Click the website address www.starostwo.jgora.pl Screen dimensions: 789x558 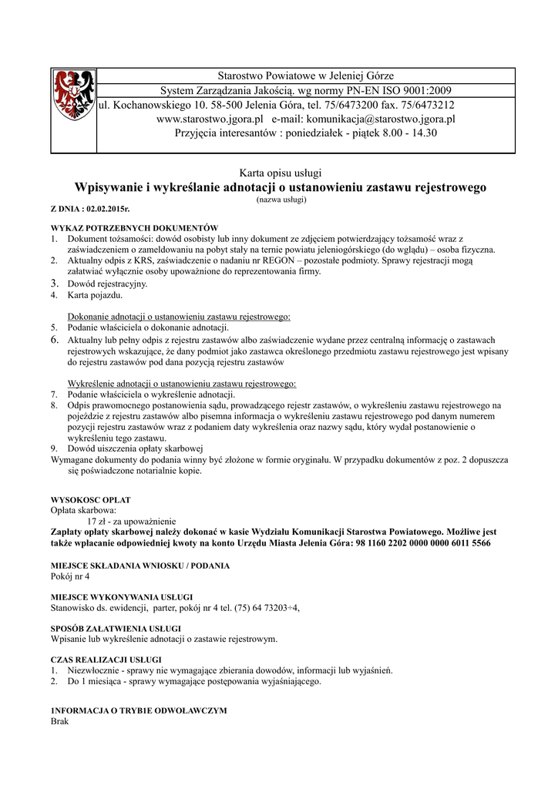coord(210,119)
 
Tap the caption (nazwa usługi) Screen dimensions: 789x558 coord(281,200)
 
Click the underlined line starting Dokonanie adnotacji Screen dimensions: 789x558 coord(179,317)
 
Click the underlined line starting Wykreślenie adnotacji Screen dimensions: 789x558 coord(182,383)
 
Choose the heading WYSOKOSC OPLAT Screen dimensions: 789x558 coord(90,499)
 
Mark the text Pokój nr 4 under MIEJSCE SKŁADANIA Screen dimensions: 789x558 coord(70,576)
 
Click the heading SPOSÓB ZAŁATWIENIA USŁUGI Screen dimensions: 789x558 coord(116,628)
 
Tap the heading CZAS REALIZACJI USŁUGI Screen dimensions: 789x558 coord(106,660)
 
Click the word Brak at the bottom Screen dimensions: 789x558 coord(59,721)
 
